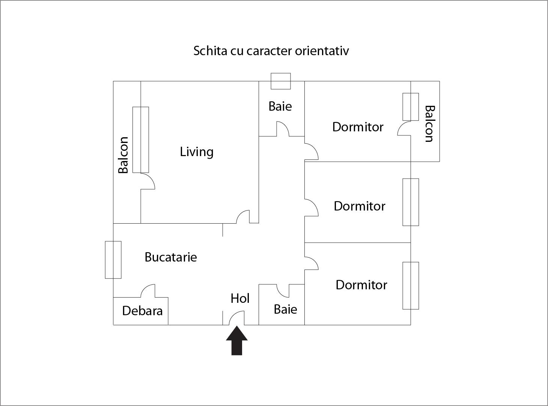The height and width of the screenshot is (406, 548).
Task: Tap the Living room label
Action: (197, 152)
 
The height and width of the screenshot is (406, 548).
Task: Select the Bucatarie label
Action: (170, 257)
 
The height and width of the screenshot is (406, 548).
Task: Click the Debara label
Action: (142, 311)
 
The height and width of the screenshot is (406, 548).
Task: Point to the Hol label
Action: (240, 298)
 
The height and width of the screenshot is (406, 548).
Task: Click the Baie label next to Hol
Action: (285, 309)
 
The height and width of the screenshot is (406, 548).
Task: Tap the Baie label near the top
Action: (280, 106)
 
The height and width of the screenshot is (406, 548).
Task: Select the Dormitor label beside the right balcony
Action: (358, 127)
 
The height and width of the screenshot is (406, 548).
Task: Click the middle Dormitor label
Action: (359, 206)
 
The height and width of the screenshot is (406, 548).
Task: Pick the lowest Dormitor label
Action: (361, 285)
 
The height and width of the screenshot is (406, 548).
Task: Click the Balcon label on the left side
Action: (123, 155)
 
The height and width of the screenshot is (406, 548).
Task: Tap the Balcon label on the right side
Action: (429, 124)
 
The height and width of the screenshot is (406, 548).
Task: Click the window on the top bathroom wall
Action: (281, 81)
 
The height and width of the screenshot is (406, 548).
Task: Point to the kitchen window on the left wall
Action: (113, 260)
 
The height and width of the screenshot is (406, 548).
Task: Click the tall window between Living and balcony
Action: (141, 140)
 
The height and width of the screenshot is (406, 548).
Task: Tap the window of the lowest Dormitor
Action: (411, 286)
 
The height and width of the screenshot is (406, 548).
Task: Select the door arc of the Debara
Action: (148, 290)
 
